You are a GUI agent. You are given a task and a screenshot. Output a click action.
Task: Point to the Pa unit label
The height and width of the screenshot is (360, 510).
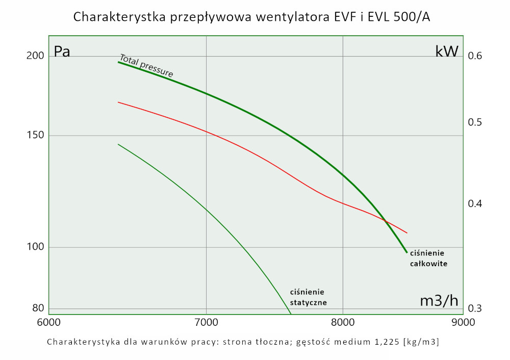[x=62, y=52]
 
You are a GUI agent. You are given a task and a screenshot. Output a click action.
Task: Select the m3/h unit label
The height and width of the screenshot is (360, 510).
[x=439, y=301]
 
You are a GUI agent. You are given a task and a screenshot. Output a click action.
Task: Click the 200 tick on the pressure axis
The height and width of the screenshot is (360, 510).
[x=35, y=56]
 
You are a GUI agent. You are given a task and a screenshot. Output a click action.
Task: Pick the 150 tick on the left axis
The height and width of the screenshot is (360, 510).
[x=35, y=135]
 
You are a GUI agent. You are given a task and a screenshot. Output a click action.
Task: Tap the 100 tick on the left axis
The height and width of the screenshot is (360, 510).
[x=35, y=247]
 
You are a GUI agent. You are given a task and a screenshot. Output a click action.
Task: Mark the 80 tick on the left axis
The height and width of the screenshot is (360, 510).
[x=38, y=308]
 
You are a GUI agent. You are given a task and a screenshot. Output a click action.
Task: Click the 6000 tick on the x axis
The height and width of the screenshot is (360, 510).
[x=48, y=322]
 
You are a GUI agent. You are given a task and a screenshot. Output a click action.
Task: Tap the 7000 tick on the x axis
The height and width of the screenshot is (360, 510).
[x=206, y=322]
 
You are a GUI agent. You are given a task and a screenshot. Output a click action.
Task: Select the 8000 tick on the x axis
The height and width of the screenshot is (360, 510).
[x=343, y=322]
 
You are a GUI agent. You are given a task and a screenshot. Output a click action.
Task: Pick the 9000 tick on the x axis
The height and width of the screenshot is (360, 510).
[x=463, y=322]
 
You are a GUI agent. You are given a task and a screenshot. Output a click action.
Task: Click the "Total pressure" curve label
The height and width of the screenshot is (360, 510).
[x=146, y=66]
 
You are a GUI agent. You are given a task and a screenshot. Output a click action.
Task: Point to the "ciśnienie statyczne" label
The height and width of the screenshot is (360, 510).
[x=308, y=297]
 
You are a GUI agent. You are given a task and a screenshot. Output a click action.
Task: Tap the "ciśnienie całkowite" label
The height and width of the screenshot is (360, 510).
[x=428, y=259]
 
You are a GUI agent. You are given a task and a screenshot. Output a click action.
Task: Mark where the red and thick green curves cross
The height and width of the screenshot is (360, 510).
[x=386, y=221]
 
